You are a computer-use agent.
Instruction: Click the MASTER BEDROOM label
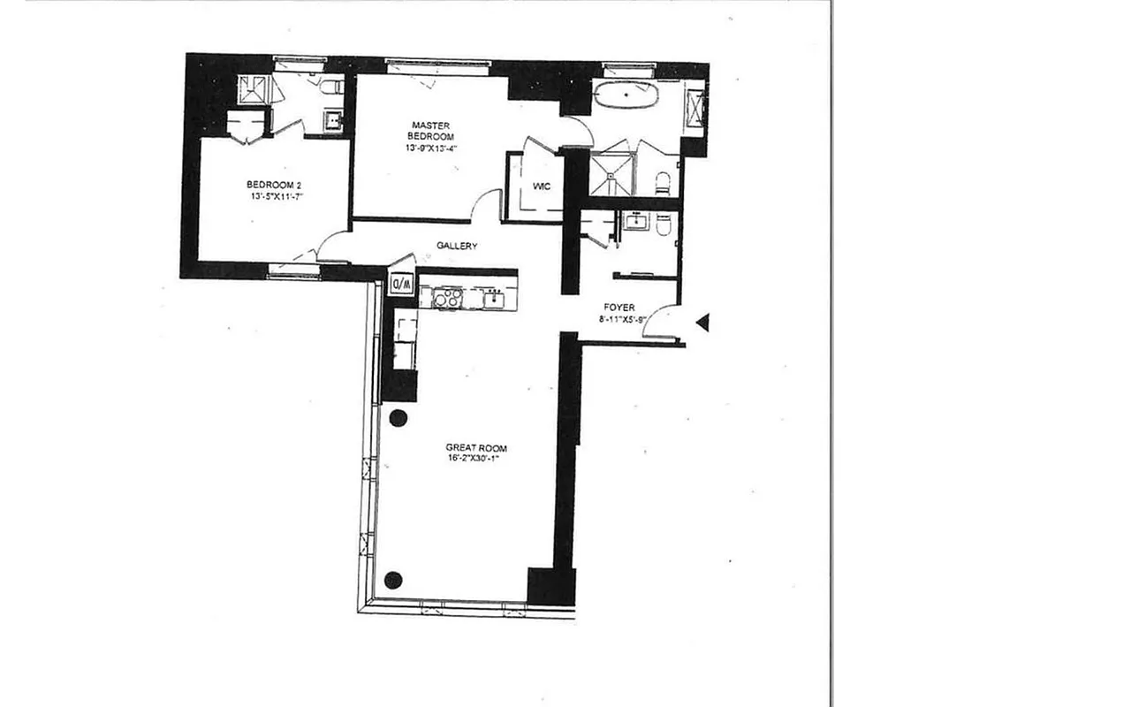coord(430,131)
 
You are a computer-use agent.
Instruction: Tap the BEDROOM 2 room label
coord(274,185)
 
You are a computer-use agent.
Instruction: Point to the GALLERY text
coord(457,247)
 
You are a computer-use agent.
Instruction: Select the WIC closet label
coord(542,186)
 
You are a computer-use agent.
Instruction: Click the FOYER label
coord(621,308)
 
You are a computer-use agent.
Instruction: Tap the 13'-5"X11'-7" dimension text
coord(277,197)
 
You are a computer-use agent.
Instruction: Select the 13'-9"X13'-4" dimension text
coord(431,148)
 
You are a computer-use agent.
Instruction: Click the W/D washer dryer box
coord(401,285)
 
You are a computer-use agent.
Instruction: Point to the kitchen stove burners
coord(447,298)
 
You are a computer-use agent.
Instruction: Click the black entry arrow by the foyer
coord(702,323)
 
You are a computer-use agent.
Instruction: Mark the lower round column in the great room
coord(394,580)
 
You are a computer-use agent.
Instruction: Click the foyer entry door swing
coord(662,323)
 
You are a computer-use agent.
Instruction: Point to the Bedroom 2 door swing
coord(334,247)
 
